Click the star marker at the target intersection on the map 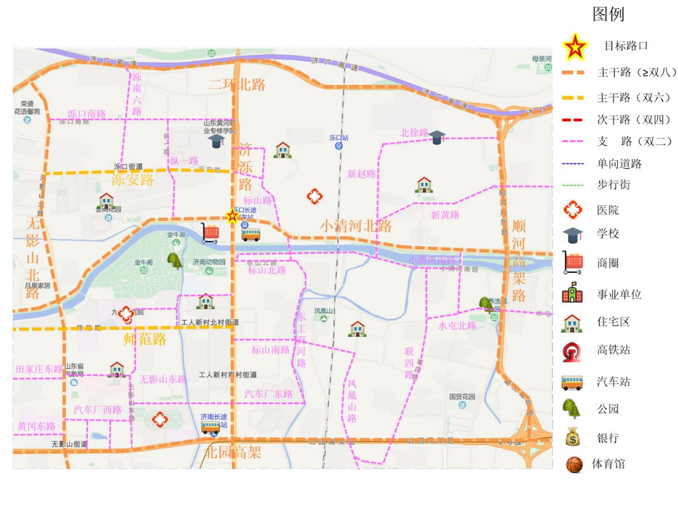coord(232,216)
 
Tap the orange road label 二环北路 coord(237,85)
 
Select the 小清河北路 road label coord(356,226)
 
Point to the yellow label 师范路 coord(145,339)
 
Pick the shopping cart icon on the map coord(210,233)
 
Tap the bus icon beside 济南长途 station coord(210,427)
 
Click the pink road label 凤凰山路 coord(352,401)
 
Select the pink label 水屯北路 coord(457,326)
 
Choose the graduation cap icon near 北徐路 coord(437,137)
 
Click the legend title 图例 coord(608,14)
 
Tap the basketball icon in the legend coord(574,464)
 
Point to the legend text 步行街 coord(614,185)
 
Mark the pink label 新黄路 coord(445,215)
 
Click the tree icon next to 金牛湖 coord(174,260)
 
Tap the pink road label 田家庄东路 coord(40,369)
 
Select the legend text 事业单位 coord(619,294)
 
